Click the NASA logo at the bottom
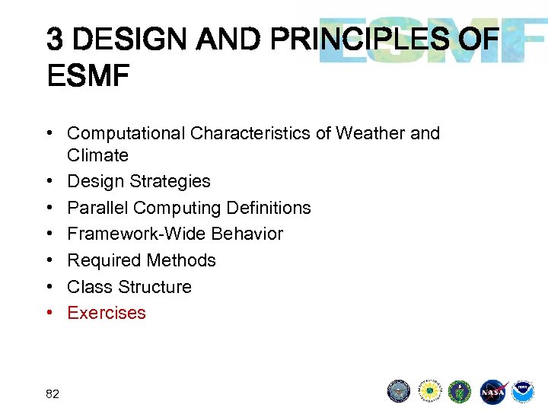click(492, 392)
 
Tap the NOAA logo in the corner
click(523, 391)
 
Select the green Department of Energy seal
click(460, 391)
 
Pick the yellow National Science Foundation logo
click(430, 391)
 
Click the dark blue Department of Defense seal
click(399, 391)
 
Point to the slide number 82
click(53, 393)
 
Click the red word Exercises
click(107, 313)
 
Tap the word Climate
click(97, 155)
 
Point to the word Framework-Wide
click(128, 234)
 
